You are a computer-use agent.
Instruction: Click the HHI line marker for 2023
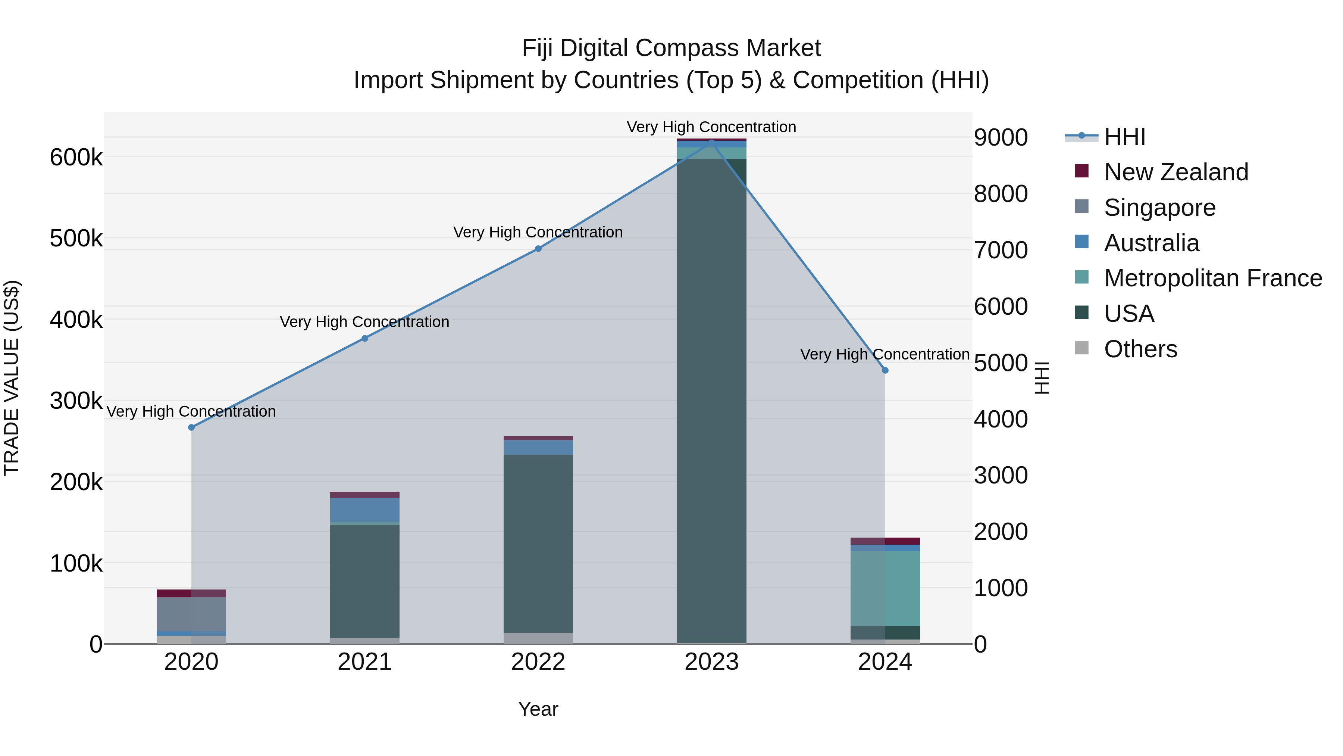tap(712, 143)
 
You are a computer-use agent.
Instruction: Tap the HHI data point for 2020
tap(191, 427)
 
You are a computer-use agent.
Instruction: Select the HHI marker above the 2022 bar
tap(538, 249)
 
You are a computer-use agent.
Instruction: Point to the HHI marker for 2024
tap(885, 370)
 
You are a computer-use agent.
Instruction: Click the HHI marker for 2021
tap(365, 339)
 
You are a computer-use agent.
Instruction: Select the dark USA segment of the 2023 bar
tap(712, 396)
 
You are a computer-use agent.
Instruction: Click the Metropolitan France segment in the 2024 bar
tap(885, 588)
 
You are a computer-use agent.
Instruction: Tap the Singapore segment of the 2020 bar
tap(191, 614)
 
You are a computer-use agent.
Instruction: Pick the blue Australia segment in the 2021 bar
tap(365, 510)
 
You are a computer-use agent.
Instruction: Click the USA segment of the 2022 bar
tap(538, 542)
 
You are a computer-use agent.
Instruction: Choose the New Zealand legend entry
tap(1175, 172)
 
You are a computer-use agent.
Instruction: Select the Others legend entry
tap(1140, 349)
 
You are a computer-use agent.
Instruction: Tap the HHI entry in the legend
tap(1124, 137)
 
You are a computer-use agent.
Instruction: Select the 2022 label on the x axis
tap(538, 662)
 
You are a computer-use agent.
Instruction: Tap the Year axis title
tap(538, 709)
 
